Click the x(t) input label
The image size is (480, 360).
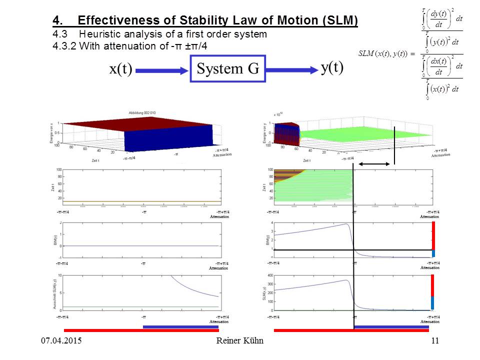(x=120, y=69)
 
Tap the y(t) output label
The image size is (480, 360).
(x=332, y=68)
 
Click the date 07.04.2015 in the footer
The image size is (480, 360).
(x=61, y=341)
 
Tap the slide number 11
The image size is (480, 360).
(x=434, y=341)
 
